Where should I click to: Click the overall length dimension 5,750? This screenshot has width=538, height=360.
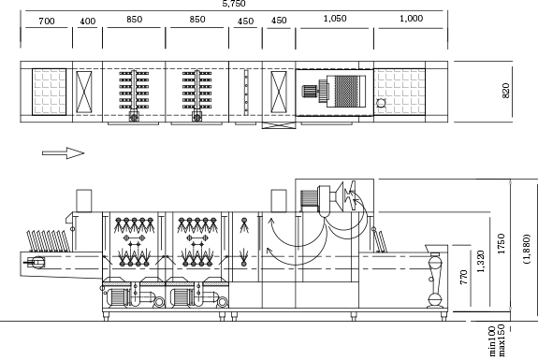coord(234,4)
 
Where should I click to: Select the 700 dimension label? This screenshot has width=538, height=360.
coord(47,22)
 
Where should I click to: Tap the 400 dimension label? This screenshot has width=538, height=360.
coord(88,22)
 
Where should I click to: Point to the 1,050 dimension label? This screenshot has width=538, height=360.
coord(335,19)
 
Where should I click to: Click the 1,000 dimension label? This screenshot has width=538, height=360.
coord(411,19)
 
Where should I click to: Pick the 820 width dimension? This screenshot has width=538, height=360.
coord(506,91)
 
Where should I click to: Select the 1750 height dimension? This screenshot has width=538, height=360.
coord(501,244)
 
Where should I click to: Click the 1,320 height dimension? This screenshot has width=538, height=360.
coord(481,261)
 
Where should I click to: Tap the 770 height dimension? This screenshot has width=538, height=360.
coord(463,277)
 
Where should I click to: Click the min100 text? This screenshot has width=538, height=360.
coord(492,341)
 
